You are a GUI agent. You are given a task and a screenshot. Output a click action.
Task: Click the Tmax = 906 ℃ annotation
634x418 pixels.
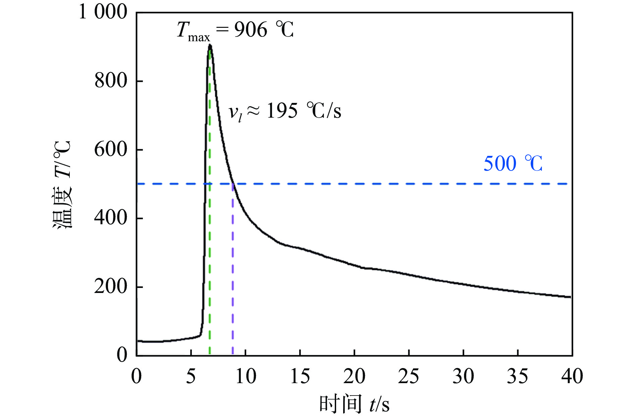pyautogui.click(x=235, y=30)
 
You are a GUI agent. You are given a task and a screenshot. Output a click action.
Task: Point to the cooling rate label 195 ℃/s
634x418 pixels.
pyautogui.click(x=284, y=111)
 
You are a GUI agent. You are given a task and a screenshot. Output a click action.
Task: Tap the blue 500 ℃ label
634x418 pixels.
pyautogui.click(x=513, y=164)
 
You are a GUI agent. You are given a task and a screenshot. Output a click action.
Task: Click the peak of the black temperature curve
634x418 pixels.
pyautogui.click(x=210, y=45)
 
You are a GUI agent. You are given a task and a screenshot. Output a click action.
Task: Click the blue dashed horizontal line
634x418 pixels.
pyautogui.click(x=369, y=184)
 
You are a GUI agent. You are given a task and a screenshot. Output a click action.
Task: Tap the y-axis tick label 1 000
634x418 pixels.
pyautogui.click(x=103, y=12)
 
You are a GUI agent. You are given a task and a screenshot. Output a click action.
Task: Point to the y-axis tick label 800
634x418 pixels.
pyautogui.click(x=111, y=81)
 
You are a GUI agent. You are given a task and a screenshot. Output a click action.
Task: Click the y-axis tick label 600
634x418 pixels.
pyautogui.click(x=111, y=150)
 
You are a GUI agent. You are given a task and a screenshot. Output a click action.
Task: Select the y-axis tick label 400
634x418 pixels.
pyautogui.click(x=111, y=218)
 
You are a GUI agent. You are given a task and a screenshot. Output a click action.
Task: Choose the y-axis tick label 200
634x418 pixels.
pyautogui.click(x=111, y=287)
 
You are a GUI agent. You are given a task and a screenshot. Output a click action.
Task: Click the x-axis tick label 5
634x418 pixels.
pyautogui.click(x=191, y=376)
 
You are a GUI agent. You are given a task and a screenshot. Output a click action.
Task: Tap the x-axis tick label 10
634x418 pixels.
pyautogui.click(x=246, y=376)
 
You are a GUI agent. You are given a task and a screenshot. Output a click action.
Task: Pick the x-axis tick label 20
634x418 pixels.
pyautogui.click(x=354, y=376)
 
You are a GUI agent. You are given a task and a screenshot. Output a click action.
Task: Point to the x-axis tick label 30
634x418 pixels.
pyautogui.click(x=463, y=376)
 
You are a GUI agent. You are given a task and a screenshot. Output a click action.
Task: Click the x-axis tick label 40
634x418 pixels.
pyautogui.click(x=572, y=376)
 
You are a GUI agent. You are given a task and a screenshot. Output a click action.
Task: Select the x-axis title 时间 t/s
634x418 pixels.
pyautogui.click(x=354, y=404)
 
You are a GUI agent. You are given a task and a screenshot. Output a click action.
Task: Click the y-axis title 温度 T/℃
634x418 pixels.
pyautogui.click(x=62, y=184)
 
